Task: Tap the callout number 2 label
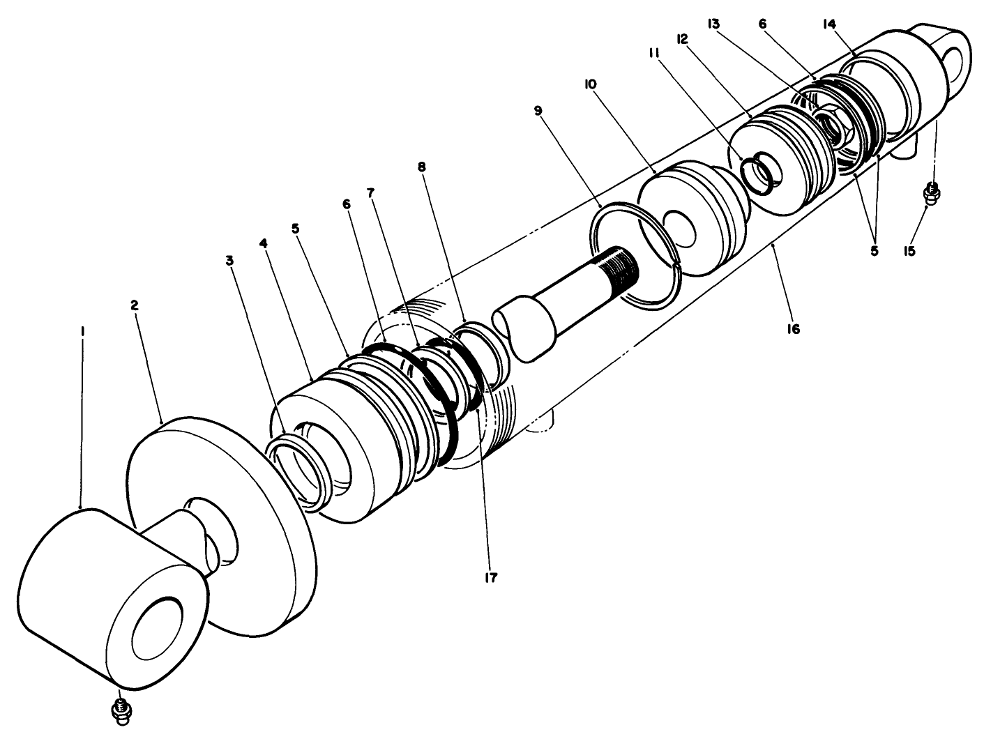coord(135,305)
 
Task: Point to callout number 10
coord(590,84)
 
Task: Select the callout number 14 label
coord(828,24)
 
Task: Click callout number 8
coord(441,167)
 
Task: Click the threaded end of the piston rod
coord(621,265)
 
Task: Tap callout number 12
coord(681,40)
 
